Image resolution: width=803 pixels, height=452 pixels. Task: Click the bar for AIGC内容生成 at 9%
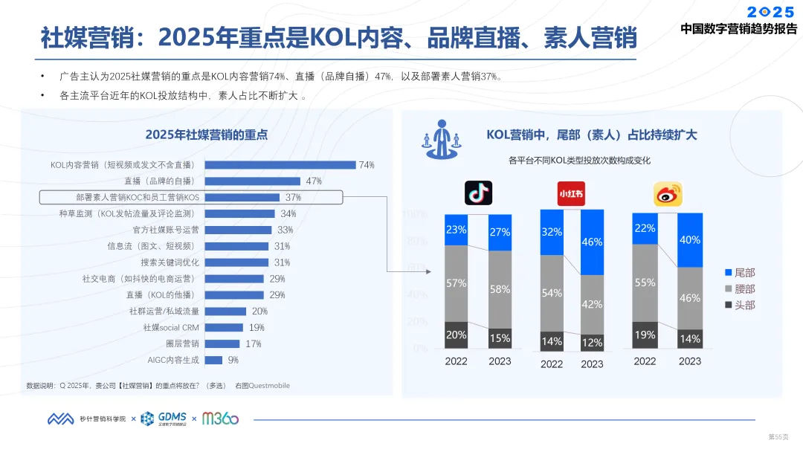pyautogui.click(x=213, y=360)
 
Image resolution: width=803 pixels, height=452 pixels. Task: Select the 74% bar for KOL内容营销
pyautogui.click(x=280, y=165)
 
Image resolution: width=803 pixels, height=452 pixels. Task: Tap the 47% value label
pyautogui.click(x=314, y=181)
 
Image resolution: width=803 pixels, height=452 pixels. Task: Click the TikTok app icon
pyautogui.click(x=478, y=193)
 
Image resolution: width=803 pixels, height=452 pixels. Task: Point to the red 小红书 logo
pyautogui.click(x=571, y=193)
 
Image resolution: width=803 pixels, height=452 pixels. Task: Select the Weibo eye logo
pyautogui.click(x=668, y=194)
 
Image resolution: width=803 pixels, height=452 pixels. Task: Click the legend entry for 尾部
pyautogui.click(x=740, y=273)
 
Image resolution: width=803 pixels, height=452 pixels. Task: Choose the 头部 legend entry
pyautogui.click(x=740, y=305)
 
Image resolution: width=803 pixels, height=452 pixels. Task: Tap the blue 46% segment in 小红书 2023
pyautogui.click(x=592, y=242)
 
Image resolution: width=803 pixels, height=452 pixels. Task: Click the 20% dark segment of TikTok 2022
pyautogui.click(x=457, y=335)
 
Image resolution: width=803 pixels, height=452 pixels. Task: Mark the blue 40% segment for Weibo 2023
pyautogui.click(x=690, y=240)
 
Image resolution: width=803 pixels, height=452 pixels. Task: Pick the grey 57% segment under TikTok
pyautogui.click(x=457, y=283)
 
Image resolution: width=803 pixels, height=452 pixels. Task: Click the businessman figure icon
pyautogui.click(x=442, y=139)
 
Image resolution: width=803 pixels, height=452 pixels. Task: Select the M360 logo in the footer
pyautogui.click(x=220, y=419)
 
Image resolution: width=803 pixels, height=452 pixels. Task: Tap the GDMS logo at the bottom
pyautogui.click(x=164, y=419)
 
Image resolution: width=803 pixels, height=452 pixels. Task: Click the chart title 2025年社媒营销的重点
pyautogui.click(x=207, y=135)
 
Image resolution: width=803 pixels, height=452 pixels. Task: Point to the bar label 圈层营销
pyautogui.click(x=182, y=344)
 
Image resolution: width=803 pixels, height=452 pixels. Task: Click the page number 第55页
pyautogui.click(x=778, y=436)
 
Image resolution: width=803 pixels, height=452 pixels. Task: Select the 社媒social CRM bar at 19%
pyautogui.click(x=224, y=328)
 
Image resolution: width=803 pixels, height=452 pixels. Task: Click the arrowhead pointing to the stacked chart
pyautogui.click(x=428, y=272)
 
